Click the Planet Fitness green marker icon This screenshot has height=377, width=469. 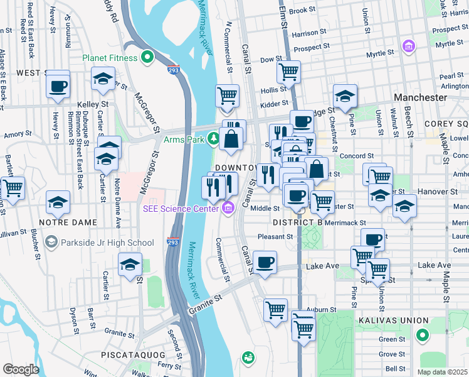[147, 58]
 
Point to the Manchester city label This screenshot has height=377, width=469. [421, 97]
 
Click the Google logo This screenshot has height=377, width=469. [21, 369]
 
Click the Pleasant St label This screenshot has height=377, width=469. [277, 237]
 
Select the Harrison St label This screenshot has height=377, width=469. [310, 33]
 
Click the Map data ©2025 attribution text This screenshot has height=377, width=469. [443, 372]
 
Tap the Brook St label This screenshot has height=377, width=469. [302, 11]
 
